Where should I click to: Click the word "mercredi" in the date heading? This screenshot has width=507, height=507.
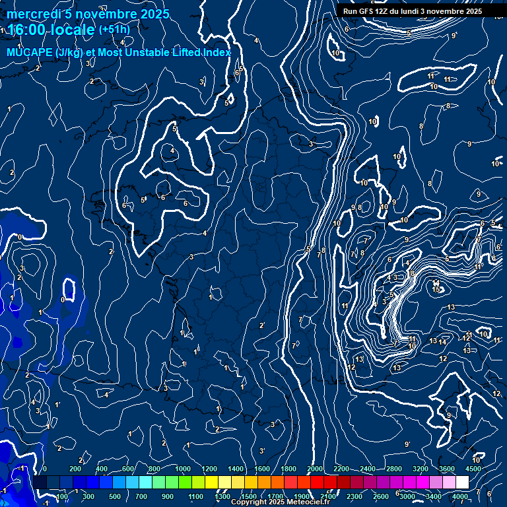(x=34, y=14)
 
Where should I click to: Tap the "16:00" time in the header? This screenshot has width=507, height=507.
(x=25, y=30)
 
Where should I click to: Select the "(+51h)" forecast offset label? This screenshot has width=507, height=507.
(x=114, y=30)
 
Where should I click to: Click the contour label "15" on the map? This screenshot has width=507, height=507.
(x=436, y=289)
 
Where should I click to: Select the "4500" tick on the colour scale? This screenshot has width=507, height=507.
(x=473, y=469)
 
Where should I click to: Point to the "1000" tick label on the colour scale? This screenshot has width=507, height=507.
(x=183, y=469)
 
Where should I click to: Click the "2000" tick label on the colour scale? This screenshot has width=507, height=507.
(x=315, y=469)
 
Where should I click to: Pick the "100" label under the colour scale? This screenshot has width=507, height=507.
(x=62, y=496)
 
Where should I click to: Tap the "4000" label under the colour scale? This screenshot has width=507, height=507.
(x=460, y=496)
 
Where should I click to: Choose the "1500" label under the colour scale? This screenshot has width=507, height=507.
(x=249, y=496)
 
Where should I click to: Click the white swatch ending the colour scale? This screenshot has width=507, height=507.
(x=462, y=483)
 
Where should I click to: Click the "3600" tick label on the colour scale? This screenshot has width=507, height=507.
(x=447, y=469)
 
